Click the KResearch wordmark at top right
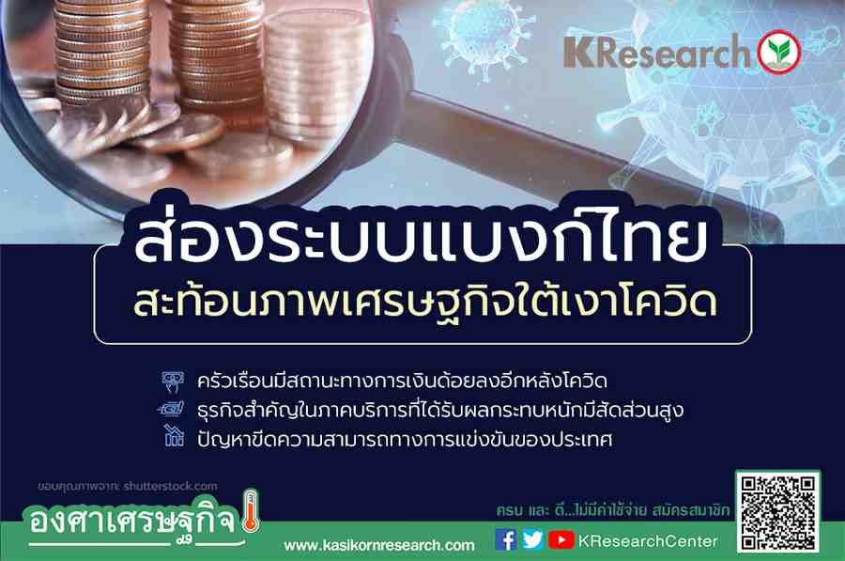[656, 53]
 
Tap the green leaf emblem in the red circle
[779, 53]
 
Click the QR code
[778, 512]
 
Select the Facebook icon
[505, 540]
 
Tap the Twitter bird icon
[532, 540]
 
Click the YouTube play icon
[561, 540]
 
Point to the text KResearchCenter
[648, 541]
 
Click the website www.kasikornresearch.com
[379, 545]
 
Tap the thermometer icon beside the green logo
[251, 511]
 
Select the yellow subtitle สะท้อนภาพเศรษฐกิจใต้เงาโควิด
[424, 302]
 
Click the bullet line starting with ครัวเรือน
[402, 381]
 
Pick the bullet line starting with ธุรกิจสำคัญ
[440, 410]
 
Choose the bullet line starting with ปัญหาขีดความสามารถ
[405, 439]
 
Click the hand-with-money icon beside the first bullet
[173, 382]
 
